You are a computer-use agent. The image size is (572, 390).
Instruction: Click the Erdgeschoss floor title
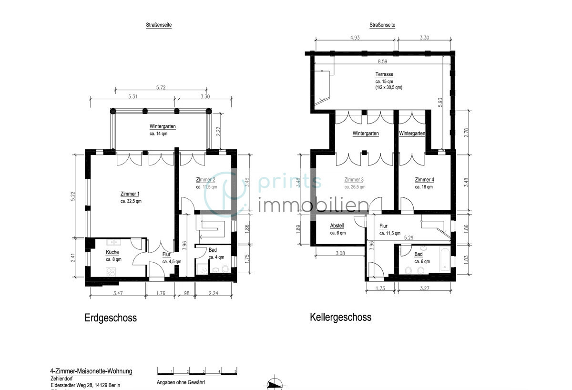click(110, 318)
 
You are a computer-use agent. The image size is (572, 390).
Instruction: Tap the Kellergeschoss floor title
click(340, 317)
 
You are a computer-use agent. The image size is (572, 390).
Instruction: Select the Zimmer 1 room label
click(130, 194)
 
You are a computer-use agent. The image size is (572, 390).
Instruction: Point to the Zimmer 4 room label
click(424, 180)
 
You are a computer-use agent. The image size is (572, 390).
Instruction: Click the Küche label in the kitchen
click(112, 252)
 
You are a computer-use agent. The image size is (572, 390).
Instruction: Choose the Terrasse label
click(384, 75)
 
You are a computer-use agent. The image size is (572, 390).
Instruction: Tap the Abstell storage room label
click(337, 226)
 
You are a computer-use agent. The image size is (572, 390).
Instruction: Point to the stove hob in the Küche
click(111, 272)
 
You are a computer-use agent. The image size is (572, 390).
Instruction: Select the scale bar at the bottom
click(197, 371)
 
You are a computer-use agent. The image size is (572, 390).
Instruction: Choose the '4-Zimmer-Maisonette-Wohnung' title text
click(91, 371)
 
